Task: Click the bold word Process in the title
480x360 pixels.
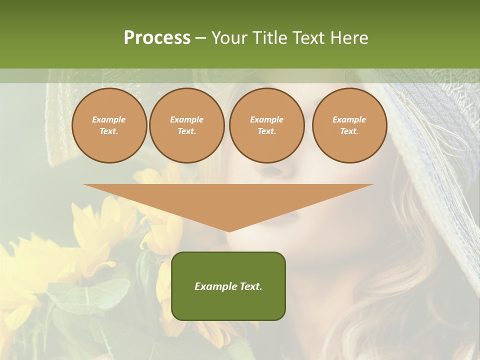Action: pos(157,38)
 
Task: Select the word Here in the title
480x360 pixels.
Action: pos(349,38)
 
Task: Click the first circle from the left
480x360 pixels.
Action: pos(109,125)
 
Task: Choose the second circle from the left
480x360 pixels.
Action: pos(187,125)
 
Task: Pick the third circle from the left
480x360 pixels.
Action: pos(266,125)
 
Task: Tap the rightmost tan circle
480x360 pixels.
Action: pos(349,125)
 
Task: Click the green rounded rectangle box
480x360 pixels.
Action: pos(228,300)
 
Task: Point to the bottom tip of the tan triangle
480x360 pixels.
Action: pos(229,231)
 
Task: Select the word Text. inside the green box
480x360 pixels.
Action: pos(250,286)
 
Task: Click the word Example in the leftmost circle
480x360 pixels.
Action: pos(109,120)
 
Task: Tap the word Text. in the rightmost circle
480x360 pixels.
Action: pos(349,131)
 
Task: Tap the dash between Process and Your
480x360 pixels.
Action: pos(200,38)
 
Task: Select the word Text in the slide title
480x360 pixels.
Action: pos(307,38)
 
